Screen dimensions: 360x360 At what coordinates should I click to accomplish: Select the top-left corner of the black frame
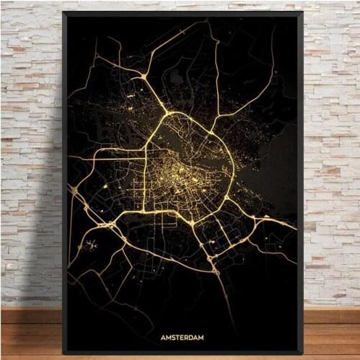coord(63,12)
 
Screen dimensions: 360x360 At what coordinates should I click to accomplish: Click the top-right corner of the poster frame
coord(301,12)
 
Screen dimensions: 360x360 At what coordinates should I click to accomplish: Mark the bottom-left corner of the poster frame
coord(63,354)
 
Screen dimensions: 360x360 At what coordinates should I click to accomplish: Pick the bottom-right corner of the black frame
coord(301,354)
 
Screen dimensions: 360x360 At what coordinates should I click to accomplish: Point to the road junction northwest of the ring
coord(144,75)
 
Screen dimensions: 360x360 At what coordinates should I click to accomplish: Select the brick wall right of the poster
coord(331,144)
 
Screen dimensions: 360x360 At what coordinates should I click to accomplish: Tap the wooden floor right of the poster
coord(331,338)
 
